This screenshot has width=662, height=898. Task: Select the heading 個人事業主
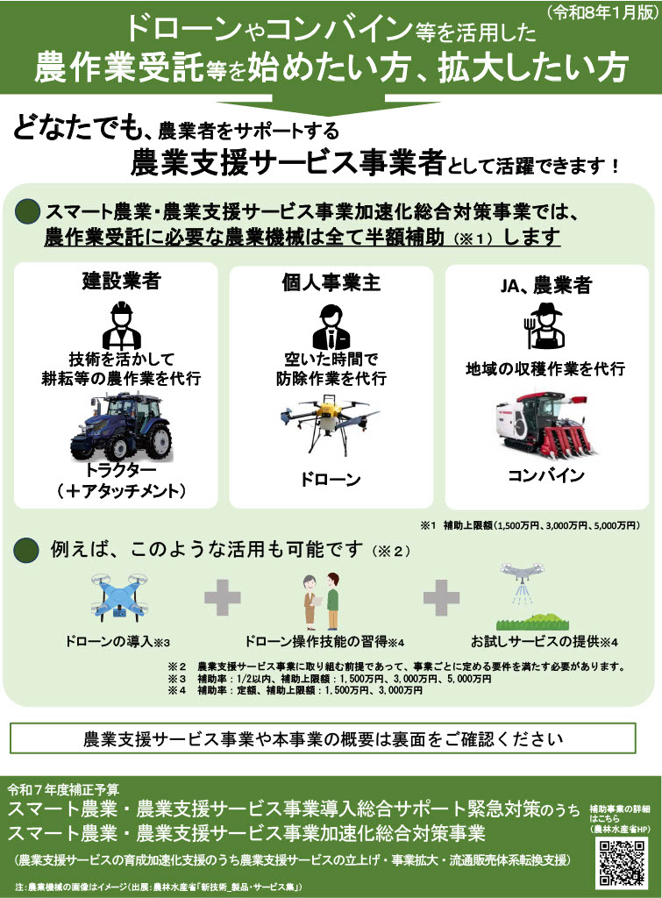331,282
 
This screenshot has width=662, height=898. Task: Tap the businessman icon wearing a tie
331,326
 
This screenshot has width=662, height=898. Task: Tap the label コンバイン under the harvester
545,476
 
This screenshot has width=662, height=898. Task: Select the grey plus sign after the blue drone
222,597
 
